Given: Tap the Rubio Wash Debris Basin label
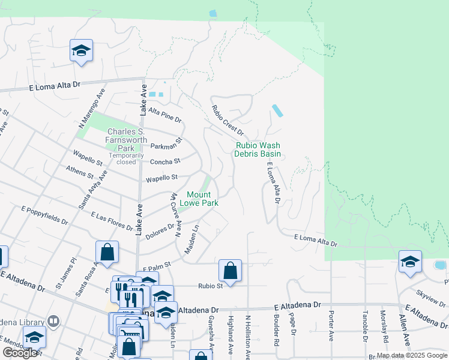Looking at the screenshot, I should point(258,149).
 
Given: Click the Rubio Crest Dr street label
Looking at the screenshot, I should point(228,120).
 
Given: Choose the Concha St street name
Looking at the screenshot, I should point(164,161).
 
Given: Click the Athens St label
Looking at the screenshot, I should point(80,173).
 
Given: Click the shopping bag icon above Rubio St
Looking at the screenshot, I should point(230,271).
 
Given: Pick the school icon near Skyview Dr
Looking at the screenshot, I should point(410,262).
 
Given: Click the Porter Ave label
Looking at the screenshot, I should point(330,326).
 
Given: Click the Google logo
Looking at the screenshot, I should point(20,353).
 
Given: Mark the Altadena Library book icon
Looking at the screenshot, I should point(53,322).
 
